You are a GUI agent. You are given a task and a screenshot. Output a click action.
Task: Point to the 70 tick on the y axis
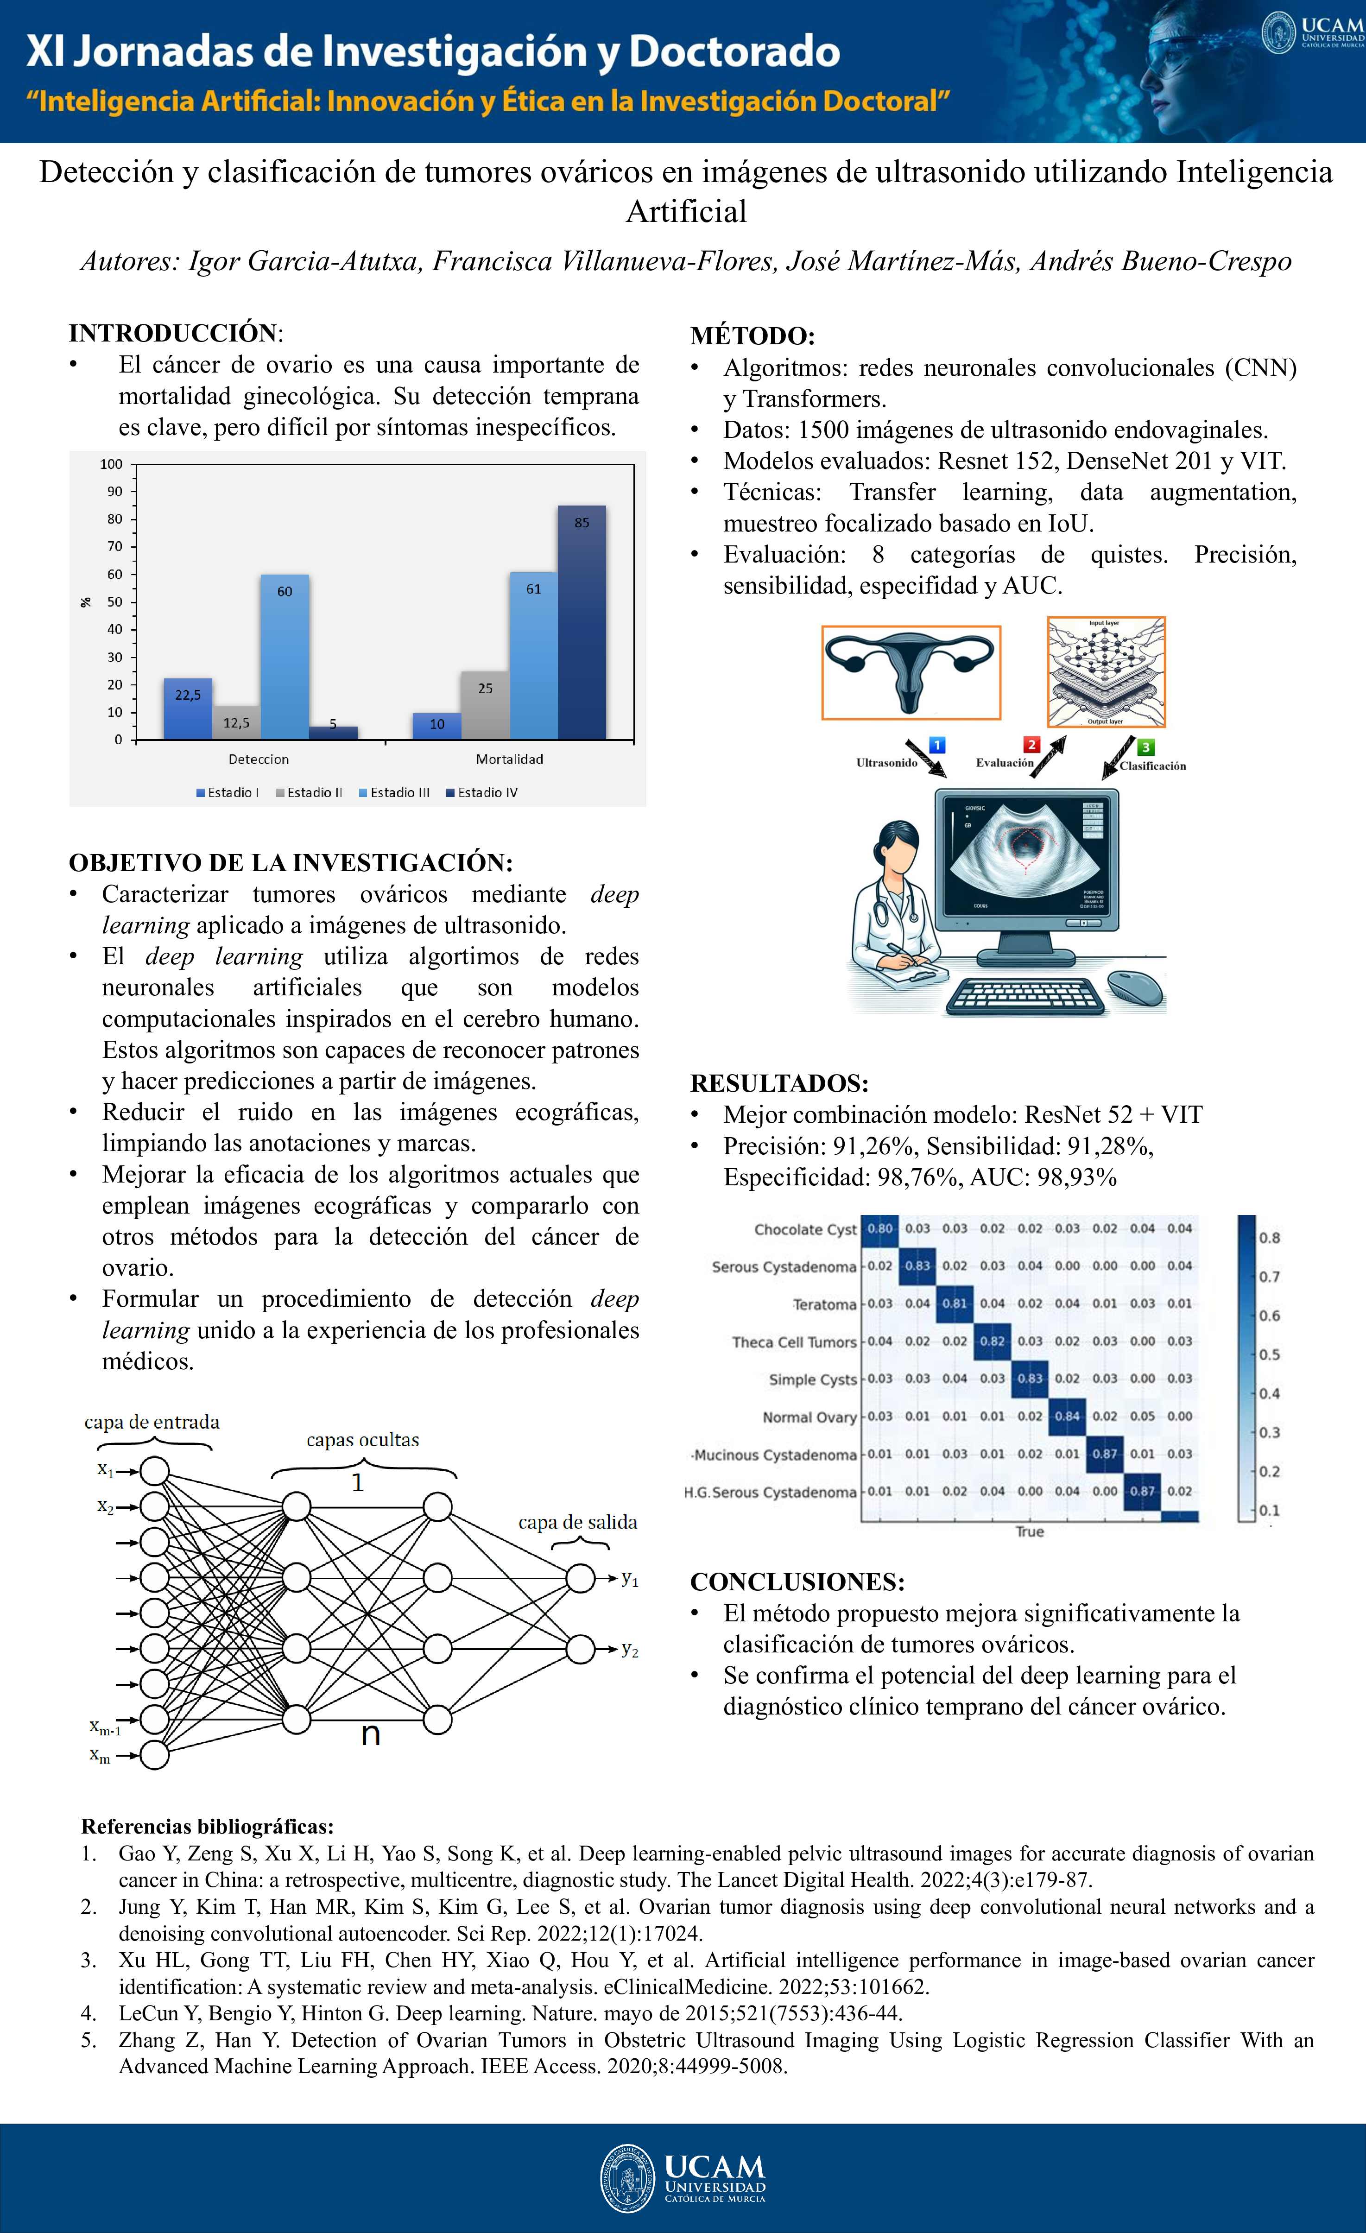[115, 546]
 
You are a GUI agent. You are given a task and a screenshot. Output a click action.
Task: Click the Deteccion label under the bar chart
[259, 759]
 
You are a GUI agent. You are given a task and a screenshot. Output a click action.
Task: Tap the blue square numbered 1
[937, 745]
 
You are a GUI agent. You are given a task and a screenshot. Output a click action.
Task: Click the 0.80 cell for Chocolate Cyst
[879, 1229]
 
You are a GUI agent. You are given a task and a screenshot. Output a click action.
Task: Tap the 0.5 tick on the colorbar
[1269, 1355]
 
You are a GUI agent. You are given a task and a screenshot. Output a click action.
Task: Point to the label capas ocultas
[362, 1440]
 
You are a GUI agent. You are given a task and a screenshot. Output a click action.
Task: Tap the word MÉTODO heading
[753, 336]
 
